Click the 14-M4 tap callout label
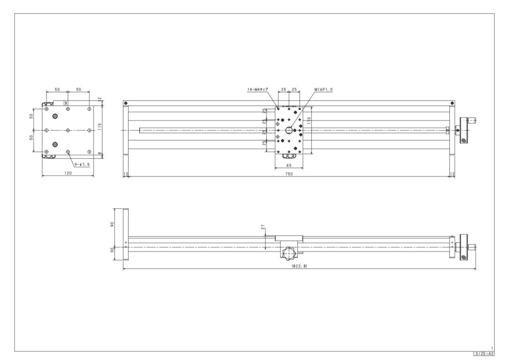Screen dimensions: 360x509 (257, 90)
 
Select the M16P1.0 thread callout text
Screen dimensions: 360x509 (323, 90)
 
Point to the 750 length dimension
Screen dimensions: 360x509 (289, 174)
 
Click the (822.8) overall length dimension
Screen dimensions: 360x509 (299, 267)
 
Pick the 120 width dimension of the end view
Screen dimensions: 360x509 (68, 173)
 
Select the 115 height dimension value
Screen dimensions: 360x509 (99, 127)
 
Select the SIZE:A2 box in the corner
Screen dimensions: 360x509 (484, 354)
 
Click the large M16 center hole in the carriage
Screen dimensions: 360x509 (289, 130)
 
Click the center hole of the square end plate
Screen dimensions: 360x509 (68, 130)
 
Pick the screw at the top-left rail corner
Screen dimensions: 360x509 (126, 103)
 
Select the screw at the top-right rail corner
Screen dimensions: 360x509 (452, 103)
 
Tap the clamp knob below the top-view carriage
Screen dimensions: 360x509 (289, 158)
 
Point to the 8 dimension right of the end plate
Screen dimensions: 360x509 (100, 154)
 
